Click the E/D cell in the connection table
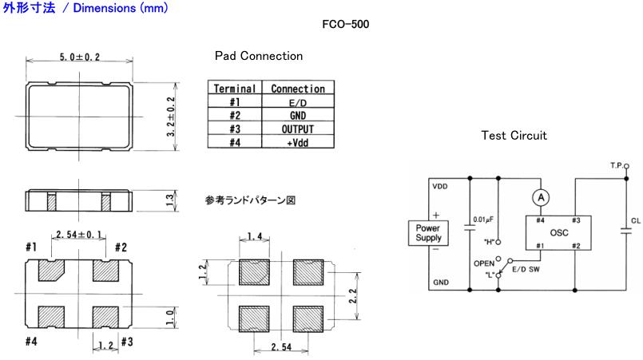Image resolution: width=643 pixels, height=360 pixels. (x=297, y=102)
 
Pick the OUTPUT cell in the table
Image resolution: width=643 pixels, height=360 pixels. (x=297, y=129)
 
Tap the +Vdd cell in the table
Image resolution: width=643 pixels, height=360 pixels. (x=297, y=141)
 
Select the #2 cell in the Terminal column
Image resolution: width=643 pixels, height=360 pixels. (x=235, y=116)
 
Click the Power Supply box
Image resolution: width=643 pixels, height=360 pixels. (x=434, y=233)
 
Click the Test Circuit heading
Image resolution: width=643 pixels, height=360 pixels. (x=514, y=136)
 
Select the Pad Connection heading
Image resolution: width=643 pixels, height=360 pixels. (x=258, y=57)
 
